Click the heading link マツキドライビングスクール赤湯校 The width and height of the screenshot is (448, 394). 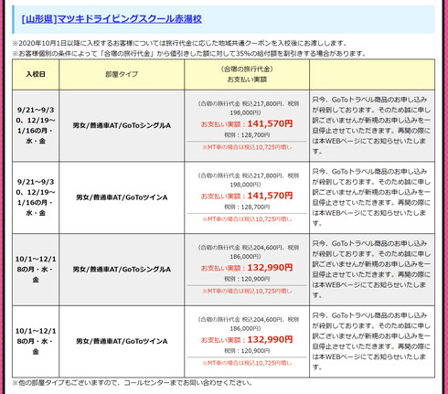click(x=128, y=18)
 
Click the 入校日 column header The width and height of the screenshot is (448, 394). click(x=37, y=74)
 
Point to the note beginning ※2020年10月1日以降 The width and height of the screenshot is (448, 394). click(x=183, y=42)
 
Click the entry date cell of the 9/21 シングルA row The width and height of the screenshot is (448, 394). click(x=37, y=124)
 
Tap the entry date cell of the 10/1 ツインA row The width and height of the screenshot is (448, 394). click(x=37, y=340)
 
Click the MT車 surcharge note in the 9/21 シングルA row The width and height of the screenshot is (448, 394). click(x=247, y=146)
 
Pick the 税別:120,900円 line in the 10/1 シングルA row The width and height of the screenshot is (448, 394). click(x=247, y=278)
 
